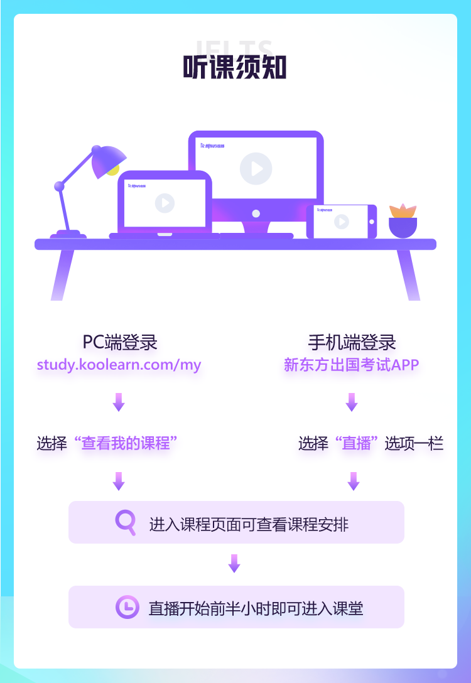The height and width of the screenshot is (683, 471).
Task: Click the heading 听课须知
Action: click(235, 67)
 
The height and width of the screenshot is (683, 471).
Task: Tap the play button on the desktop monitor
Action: click(256, 168)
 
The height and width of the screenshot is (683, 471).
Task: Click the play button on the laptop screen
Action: click(165, 203)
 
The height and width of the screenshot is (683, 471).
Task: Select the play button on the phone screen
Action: click(341, 221)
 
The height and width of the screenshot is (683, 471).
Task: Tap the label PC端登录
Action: click(119, 342)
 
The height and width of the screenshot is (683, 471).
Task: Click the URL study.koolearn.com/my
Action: click(119, 365)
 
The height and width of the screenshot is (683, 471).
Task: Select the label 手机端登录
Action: click(352, 342)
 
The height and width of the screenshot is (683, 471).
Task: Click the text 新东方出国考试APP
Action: click(351, 365)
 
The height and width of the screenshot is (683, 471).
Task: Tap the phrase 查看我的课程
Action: click(126, 443)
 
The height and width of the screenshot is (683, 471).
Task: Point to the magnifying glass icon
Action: click(126, 522)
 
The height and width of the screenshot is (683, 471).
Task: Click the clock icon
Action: click(127, 607)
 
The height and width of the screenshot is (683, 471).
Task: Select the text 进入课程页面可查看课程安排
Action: click(249, 524)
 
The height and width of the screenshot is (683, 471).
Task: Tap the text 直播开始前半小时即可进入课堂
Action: click(256, 608)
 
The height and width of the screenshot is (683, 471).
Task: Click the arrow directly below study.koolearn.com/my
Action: click(119, 402)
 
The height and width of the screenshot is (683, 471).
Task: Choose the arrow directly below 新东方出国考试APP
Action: click(352, 402)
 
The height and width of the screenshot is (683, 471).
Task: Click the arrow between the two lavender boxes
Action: click(234, 563)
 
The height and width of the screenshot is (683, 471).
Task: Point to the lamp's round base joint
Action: click(60, 186)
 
